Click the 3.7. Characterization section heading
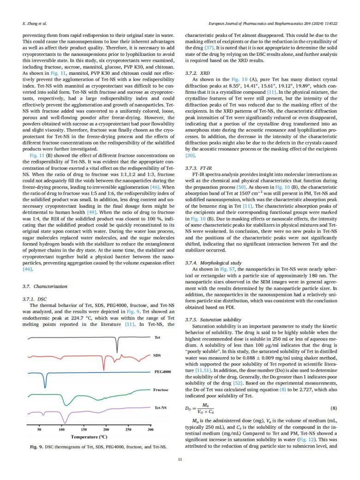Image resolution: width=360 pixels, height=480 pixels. pyautogui.click(x=45, y=287)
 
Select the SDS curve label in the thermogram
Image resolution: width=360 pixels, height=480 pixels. pyautogui.click(x=157, y=355)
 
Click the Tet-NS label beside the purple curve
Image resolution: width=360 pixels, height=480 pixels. pyautogui.click(x=160, y=408)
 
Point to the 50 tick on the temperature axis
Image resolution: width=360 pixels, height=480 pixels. pyautogui.click(x=39, y=430)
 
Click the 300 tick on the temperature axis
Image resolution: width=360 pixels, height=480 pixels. pyautogui.click(x=150, y=430)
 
